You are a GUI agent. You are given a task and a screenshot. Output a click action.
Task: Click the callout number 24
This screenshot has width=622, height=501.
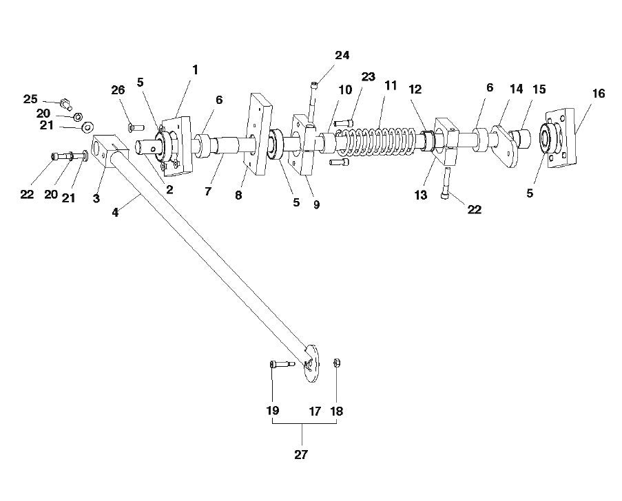(342, 56)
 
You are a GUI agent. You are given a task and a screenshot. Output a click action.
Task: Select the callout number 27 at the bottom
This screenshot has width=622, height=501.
(301, 455)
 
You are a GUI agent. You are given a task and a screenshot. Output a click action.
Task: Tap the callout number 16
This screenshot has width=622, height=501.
(599, 93)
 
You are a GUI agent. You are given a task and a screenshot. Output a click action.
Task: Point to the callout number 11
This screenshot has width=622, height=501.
(391, 86)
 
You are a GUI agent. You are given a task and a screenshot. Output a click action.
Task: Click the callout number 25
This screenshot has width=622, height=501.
(30, 99)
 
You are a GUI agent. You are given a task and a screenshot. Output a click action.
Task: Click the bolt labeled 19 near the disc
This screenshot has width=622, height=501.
(282, 364)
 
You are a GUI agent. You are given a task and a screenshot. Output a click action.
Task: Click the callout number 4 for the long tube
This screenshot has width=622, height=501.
(115, 213)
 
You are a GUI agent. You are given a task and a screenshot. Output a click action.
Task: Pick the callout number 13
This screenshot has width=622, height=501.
(421, 195)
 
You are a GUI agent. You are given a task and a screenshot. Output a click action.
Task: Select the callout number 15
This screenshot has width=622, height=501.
(538, 89)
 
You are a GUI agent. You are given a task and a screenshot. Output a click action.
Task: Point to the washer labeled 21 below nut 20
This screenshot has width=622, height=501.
(87, 128)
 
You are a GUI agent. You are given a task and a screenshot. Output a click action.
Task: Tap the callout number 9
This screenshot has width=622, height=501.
(316, 204)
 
